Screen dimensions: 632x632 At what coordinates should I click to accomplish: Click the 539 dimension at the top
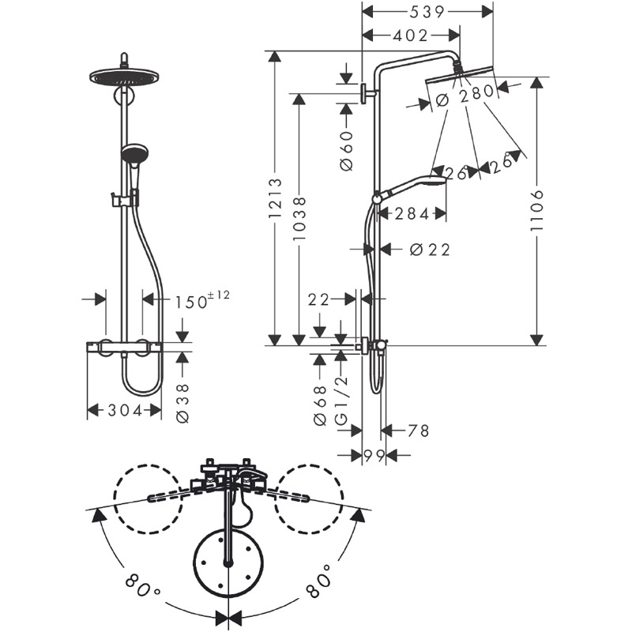coord(427,12)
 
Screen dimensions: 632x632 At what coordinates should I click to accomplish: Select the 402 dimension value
coord(410,36)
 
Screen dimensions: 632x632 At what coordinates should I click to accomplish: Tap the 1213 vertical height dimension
coord(276,199)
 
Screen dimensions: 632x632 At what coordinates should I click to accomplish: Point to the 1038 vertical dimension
coord(299,219)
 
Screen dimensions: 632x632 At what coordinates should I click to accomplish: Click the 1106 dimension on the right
coord(537,210)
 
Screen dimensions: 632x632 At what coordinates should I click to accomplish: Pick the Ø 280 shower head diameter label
coord(465,95)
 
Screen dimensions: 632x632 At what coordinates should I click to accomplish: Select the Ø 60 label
coord(347,151)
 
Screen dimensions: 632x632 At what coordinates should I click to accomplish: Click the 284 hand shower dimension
coord(412,214)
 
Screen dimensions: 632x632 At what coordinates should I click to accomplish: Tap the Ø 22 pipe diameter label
coord(430,250)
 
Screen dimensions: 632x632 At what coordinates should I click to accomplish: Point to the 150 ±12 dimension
coord(202,299)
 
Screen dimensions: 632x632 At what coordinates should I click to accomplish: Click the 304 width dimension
coord(125,411)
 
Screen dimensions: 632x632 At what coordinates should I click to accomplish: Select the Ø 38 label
coord(182,403)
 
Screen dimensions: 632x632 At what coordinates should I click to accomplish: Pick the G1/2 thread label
coord(341,401)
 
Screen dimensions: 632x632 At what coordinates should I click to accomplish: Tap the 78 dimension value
coord(419,431)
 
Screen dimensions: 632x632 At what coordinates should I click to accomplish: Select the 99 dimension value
coord(374,456)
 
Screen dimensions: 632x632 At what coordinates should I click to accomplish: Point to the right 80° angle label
coord(319,582)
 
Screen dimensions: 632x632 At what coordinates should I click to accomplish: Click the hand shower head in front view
coord(134,153)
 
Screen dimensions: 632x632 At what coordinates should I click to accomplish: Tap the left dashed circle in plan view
coord(147,499)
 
